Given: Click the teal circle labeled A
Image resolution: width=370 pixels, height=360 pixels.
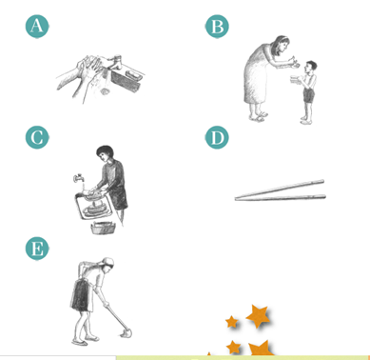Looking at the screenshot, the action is click(x=37, y=26).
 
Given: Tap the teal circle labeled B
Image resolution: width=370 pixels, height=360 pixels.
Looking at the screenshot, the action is click(x=217, y=26).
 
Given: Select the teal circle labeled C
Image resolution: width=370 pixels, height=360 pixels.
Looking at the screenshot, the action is click(x=37, y=137).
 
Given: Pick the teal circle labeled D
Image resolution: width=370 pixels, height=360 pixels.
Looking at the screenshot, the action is click(x=217, y=137).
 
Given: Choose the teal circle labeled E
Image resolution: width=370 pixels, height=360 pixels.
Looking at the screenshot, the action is click(x=37, y=249).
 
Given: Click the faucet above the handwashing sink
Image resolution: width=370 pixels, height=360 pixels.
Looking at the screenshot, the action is click(x=115, y=62).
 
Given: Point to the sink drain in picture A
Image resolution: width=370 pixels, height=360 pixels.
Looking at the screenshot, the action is click(x=105, y=91).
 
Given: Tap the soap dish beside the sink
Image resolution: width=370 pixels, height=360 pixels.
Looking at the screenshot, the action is click(x=132, y=75).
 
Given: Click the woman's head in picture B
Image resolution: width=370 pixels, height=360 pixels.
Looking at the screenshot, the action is click(x=282, y=44).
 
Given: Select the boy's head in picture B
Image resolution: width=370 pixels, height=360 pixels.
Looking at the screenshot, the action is click(x=311, y=67).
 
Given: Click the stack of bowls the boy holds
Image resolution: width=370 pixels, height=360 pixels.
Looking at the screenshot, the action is click(x=296, y=80).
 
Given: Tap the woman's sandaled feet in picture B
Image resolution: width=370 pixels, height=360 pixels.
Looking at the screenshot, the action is click(x=258, y=116).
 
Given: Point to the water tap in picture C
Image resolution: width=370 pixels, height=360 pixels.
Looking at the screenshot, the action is click(x=78, y=177).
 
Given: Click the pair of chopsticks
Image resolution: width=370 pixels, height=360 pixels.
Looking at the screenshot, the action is click(x=281, y=191).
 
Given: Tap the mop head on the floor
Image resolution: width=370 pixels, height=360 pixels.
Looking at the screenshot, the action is click(x=126, y=333).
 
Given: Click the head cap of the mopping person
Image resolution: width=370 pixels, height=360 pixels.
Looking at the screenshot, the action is click(x=108, y=262).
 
